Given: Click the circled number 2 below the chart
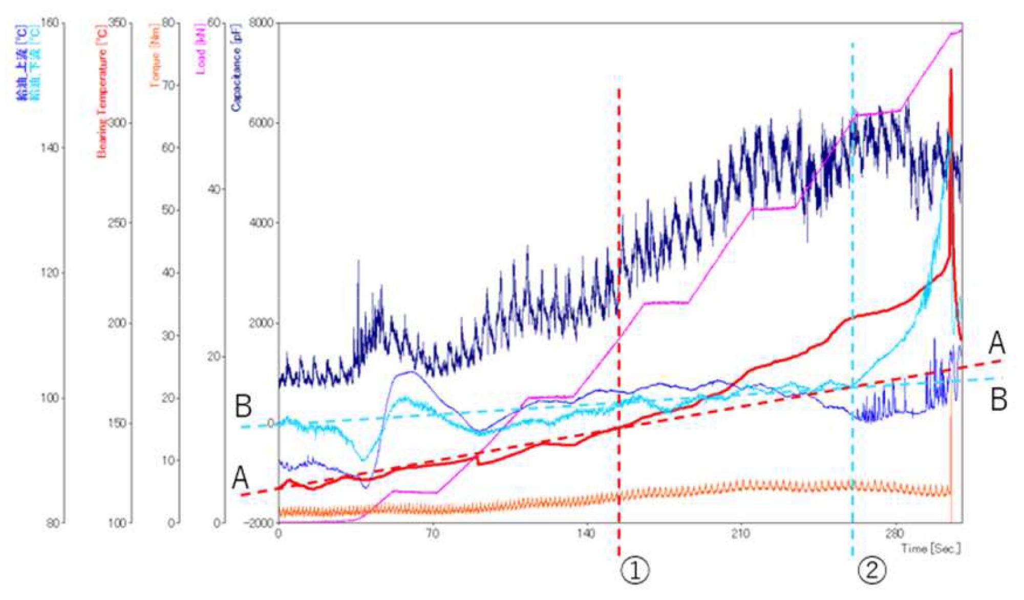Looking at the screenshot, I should tap(871, 570).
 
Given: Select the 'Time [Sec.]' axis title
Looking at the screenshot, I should tap(930, 549).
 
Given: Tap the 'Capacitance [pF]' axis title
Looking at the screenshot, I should tap(236, 67).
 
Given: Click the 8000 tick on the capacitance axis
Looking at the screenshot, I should tap(261, 23).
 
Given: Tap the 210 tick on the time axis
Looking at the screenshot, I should tap(740, 534).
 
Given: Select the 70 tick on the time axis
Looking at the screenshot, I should tap(433, 534).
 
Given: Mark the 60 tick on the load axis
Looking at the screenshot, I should tap(214, 23).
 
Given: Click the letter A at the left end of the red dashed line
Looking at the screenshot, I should tap(240, 478).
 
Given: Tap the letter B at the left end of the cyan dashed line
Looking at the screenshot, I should tap(243, 406).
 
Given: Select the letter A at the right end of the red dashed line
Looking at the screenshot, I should tap(996, 343).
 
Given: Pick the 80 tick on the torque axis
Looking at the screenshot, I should tap(169, 23).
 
